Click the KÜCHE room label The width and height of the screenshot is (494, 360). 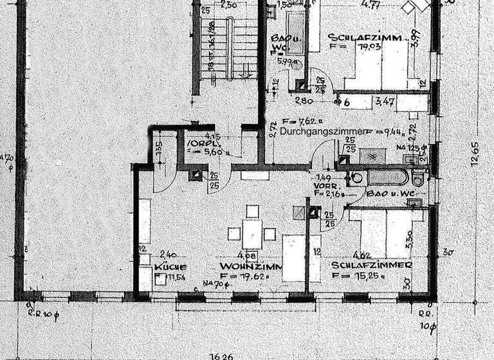170,266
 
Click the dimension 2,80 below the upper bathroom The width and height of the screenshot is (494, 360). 304,102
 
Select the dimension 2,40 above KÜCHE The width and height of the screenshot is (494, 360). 169,255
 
